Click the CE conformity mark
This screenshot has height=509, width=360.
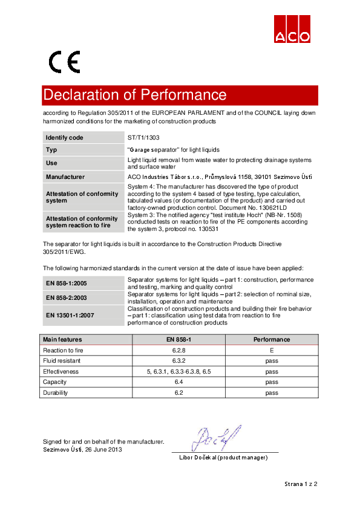pyautogui.click(x=64, y=62)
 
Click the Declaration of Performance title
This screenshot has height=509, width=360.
pyautogui.click(x=135, y=95)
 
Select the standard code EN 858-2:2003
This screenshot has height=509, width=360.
pyautogui.click(x=67, y=297)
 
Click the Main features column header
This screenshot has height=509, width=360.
pyautogui.click(x=62, y=340)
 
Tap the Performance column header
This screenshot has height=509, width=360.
pyautogui.click(x=272, y=340)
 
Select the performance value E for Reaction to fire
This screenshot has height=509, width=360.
pyautogui.click(x=272, y=350)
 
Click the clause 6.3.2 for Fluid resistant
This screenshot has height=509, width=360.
pyautogui.click(x=178, y=361)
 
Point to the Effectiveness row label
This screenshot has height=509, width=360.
pyautogui.click(x=61, y=371)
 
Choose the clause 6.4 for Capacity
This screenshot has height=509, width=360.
pyautogui.click(x=178, y=382)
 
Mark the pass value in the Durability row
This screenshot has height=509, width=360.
pyautogui.click(x=272, y=393)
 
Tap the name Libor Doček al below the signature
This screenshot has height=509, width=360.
pyautogui.click(x=223, y=458)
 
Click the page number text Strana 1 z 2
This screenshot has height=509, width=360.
pyautogui.click(x=301, y=484)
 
